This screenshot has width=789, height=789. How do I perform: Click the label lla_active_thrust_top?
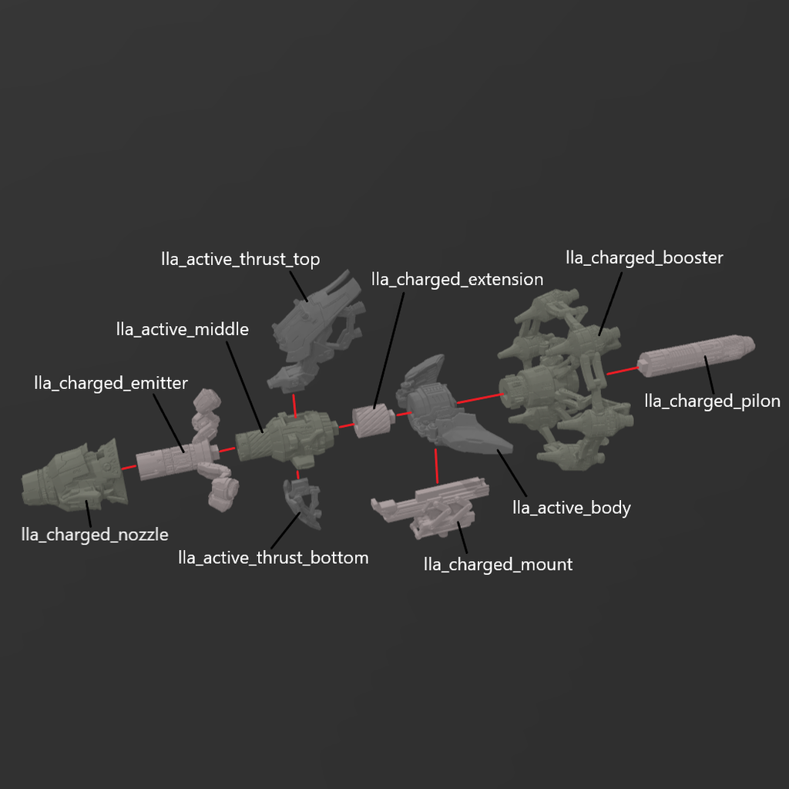click(240, 260)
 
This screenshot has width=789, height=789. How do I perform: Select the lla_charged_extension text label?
click(457, 279)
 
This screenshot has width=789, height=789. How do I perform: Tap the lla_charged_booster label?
click(644, 257)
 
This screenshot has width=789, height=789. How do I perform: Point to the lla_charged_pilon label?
click(712, 401)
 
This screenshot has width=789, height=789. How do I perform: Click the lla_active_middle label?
click(183, 330)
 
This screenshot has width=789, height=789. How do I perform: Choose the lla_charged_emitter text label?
click(111, 383)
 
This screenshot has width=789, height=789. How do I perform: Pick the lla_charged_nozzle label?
click(95, 535)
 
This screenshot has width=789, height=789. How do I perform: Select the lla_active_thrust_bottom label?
click(273, 557)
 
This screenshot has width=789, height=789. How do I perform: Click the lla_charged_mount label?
click(498, 565)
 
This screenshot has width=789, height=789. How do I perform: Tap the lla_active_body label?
click(572, 508)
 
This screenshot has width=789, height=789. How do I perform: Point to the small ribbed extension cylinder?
click(373, 420)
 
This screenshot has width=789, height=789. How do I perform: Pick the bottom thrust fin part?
click(304, 504)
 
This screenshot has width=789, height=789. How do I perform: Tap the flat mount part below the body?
click(431, 505)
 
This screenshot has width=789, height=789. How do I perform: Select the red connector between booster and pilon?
click(622, 371)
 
